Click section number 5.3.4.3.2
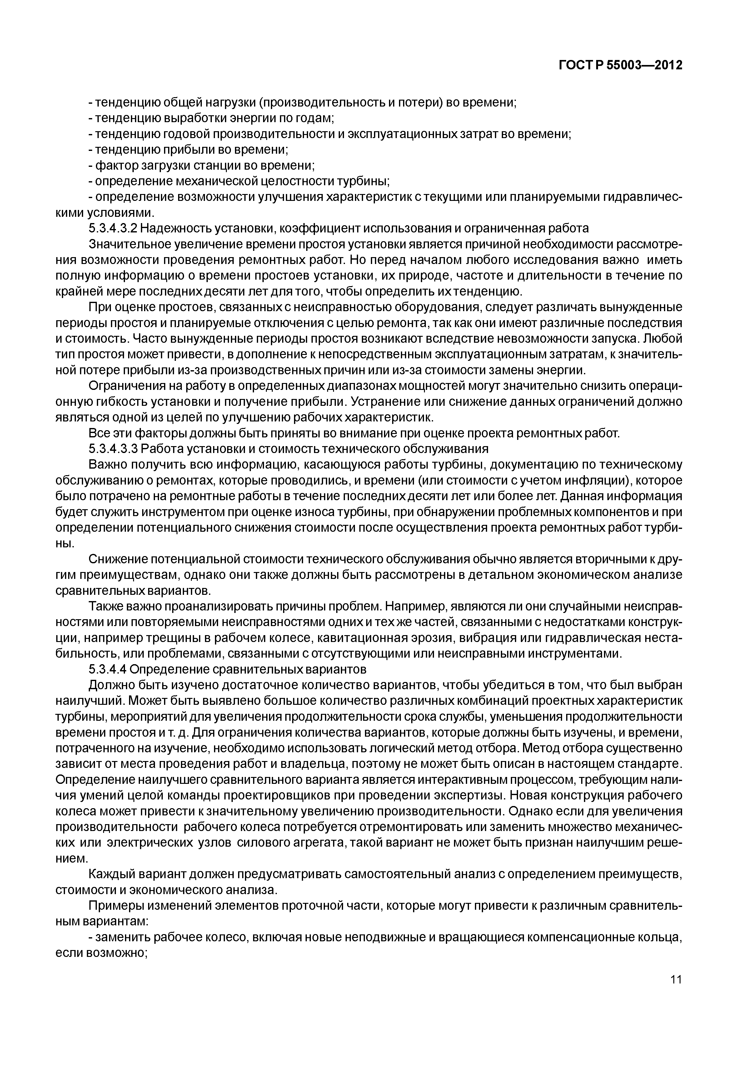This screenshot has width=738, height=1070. point(112,228)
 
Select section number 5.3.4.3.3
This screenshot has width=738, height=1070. point(112,449)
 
